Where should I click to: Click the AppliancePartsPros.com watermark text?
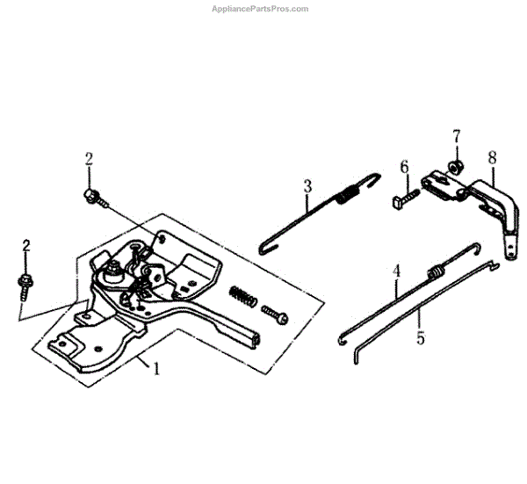[x=261, y=9]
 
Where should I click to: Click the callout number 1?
[x=156, y=369]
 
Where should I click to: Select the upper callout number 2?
[x=89, y=159]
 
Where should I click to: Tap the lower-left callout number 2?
[x=26, y=245]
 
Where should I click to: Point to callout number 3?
[x=307, y=186]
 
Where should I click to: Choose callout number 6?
[x=404, y=167]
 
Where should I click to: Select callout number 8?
[x=492, y=158]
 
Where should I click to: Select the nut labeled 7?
[x=456, y=166]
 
